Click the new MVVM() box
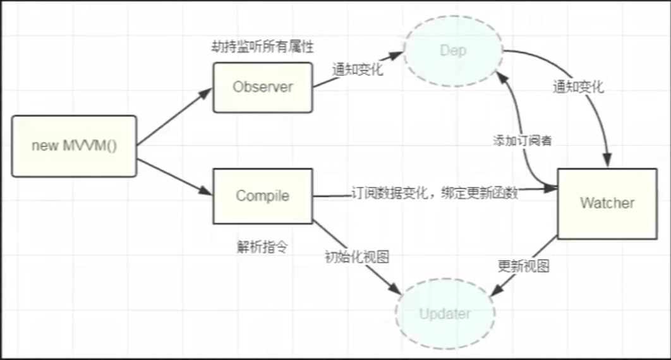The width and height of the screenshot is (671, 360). pos(75,146)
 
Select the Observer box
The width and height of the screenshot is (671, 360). pos(262,87)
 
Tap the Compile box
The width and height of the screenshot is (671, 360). pos(262,196)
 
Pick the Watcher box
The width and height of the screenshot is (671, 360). pos(607,203)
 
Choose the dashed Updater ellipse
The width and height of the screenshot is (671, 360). pos(444,314)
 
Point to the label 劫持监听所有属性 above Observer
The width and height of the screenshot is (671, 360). pos(262,47)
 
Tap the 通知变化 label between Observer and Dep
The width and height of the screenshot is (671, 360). pos(358,70)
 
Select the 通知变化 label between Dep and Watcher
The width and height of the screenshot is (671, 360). pos(577,87)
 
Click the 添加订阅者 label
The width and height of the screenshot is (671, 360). pos(523,140)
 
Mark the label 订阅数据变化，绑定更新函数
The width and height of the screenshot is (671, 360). pos(435,193)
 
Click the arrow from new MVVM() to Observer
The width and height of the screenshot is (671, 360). pos(174,117)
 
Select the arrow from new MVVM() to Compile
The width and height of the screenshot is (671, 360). pos(174,177)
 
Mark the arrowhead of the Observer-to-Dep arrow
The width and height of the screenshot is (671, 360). pos(397,56)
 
